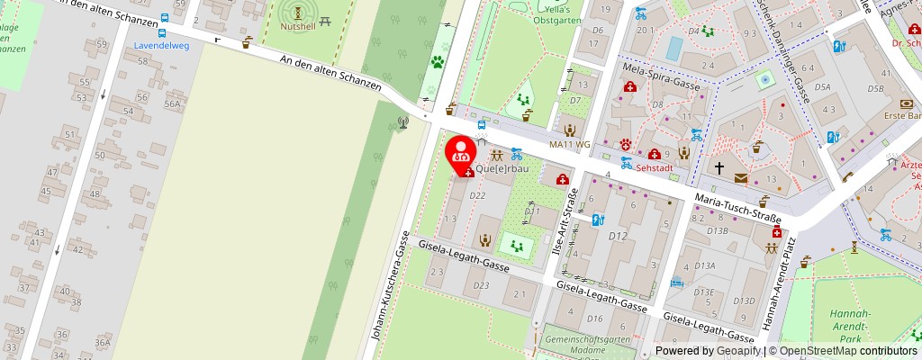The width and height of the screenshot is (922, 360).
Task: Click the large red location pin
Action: point(462,152)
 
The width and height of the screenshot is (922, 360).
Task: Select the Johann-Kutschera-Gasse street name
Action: point(389,284)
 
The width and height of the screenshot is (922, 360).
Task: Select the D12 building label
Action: point(618,236)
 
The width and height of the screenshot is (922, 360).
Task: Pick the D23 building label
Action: point(481,285)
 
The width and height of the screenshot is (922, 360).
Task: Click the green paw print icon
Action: point(438,62)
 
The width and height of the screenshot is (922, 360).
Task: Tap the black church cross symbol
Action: point(719,167)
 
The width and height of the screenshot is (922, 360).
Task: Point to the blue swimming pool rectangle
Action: point(673,46)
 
